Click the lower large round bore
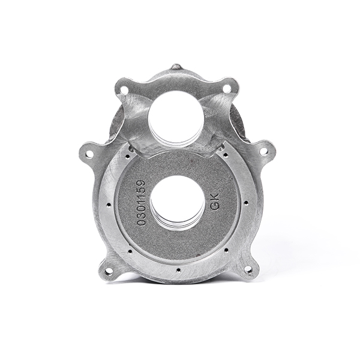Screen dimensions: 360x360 pyautogui.click(x=178, y=202)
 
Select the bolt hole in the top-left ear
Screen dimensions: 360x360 pyautogui.click(x=125, y=90)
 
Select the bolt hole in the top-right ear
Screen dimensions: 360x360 pyautogui.click(x=227, y=89)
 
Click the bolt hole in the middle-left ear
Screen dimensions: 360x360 pyautogui.click(x=89, y=154)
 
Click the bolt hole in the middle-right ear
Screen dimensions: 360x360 pyautogui.click(x=263, y=152)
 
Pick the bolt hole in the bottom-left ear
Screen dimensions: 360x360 pyautogui.click(x=109, y=271)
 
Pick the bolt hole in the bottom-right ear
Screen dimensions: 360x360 pyautogui.click(x=248, y=270)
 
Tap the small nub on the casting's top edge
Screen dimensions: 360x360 pyautogui.click(x=175, y=67)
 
